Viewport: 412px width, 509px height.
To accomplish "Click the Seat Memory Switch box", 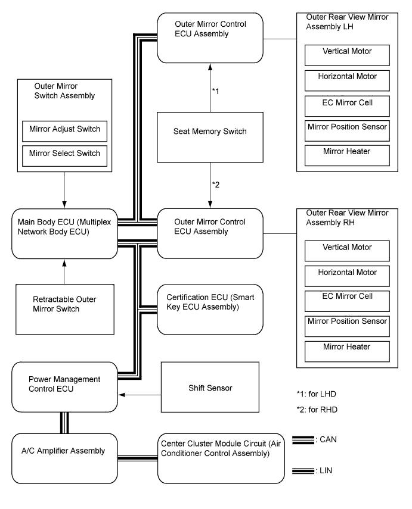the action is point(210,137).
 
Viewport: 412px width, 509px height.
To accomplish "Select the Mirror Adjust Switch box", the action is point(64,131).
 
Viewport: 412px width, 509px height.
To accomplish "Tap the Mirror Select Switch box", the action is point(64,156).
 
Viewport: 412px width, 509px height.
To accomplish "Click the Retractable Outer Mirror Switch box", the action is point(65,310).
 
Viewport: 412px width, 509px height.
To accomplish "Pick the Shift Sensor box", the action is point(210,387).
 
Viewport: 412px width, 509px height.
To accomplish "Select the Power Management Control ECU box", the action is point(64,387).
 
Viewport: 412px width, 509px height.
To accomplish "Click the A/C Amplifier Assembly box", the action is point(64,458).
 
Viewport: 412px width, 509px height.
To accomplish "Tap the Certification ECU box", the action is point(210,310).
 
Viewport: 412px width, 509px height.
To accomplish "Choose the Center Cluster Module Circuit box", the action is point(221,458).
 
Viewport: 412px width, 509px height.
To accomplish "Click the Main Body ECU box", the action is point(64,234).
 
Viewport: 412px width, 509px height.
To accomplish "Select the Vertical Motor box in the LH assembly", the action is point(347,55).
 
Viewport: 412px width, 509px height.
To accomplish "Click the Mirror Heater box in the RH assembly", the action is point(347,351).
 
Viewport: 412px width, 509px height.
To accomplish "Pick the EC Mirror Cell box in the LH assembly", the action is point(347,106).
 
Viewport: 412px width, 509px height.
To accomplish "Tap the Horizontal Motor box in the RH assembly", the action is point(347,276).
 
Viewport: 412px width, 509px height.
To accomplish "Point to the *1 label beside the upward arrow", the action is point(216,91).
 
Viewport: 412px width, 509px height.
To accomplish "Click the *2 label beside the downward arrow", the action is point(216,185).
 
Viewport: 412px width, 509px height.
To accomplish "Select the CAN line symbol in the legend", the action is point(303,439).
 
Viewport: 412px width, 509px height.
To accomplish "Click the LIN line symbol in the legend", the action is point(303,471).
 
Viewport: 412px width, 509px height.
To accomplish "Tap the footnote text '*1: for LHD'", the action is point(316,394).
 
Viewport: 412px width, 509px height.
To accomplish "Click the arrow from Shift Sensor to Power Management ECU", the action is point(140,395).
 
